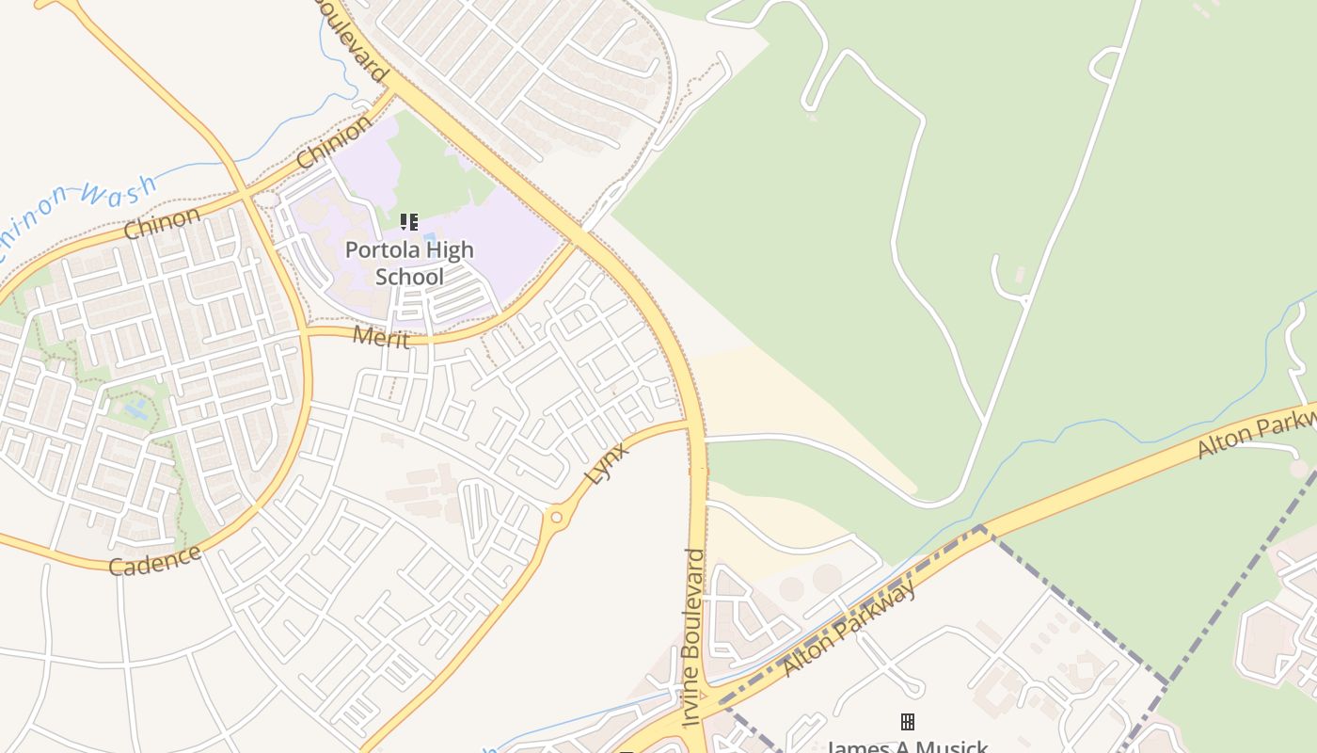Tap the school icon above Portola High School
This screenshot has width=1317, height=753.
408,222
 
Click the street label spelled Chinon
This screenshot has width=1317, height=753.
162,223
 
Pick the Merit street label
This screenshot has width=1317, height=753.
380,336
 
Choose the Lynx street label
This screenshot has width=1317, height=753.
606,462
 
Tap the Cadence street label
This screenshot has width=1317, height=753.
154,559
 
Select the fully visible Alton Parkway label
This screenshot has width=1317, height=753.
849,628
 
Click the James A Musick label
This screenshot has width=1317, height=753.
907,746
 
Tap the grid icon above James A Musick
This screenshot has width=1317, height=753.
908,722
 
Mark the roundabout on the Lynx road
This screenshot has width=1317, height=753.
556,517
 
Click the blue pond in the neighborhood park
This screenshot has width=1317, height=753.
135,407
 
